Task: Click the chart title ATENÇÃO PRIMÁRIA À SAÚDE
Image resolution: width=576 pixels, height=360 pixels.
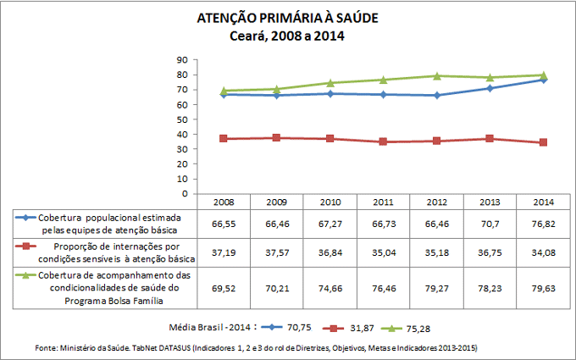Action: click(287, 18)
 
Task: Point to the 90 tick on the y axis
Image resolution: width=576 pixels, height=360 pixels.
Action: click(182, 60)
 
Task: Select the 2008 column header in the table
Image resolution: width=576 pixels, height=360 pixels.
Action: click(222, 202)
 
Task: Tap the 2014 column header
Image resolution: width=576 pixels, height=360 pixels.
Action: click(543, 202)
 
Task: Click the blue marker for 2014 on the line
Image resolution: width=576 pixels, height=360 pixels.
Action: click(543, 80)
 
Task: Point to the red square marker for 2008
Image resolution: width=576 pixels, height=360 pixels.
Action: click(223, 138)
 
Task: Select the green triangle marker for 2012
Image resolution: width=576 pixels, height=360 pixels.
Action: click(437, 75)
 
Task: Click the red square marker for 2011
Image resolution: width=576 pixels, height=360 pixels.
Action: click(384, 141)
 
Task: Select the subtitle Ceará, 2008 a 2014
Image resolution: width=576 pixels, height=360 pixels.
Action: click(287, 36)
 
